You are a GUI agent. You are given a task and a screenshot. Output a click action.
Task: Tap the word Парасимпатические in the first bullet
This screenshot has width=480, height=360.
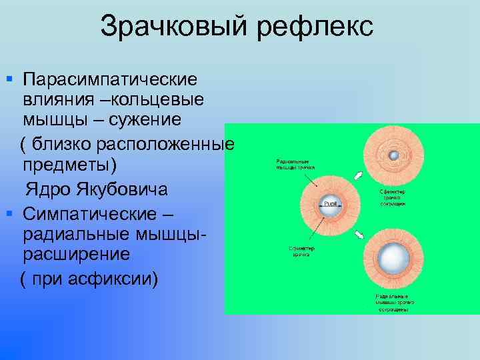(x=109, y=79)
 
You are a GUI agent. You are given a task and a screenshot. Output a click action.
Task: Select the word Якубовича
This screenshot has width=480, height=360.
(x=118, y=189)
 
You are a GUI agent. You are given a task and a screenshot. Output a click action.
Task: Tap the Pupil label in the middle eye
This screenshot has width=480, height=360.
(x=330, y=202)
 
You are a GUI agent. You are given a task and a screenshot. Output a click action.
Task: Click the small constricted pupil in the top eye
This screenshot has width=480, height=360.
(x=393, y=155)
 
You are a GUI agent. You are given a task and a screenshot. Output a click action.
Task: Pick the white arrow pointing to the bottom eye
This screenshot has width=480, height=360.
(x=359, y=234)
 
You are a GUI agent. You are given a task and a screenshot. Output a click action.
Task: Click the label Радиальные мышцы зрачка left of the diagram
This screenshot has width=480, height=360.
(x=295, y=164)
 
